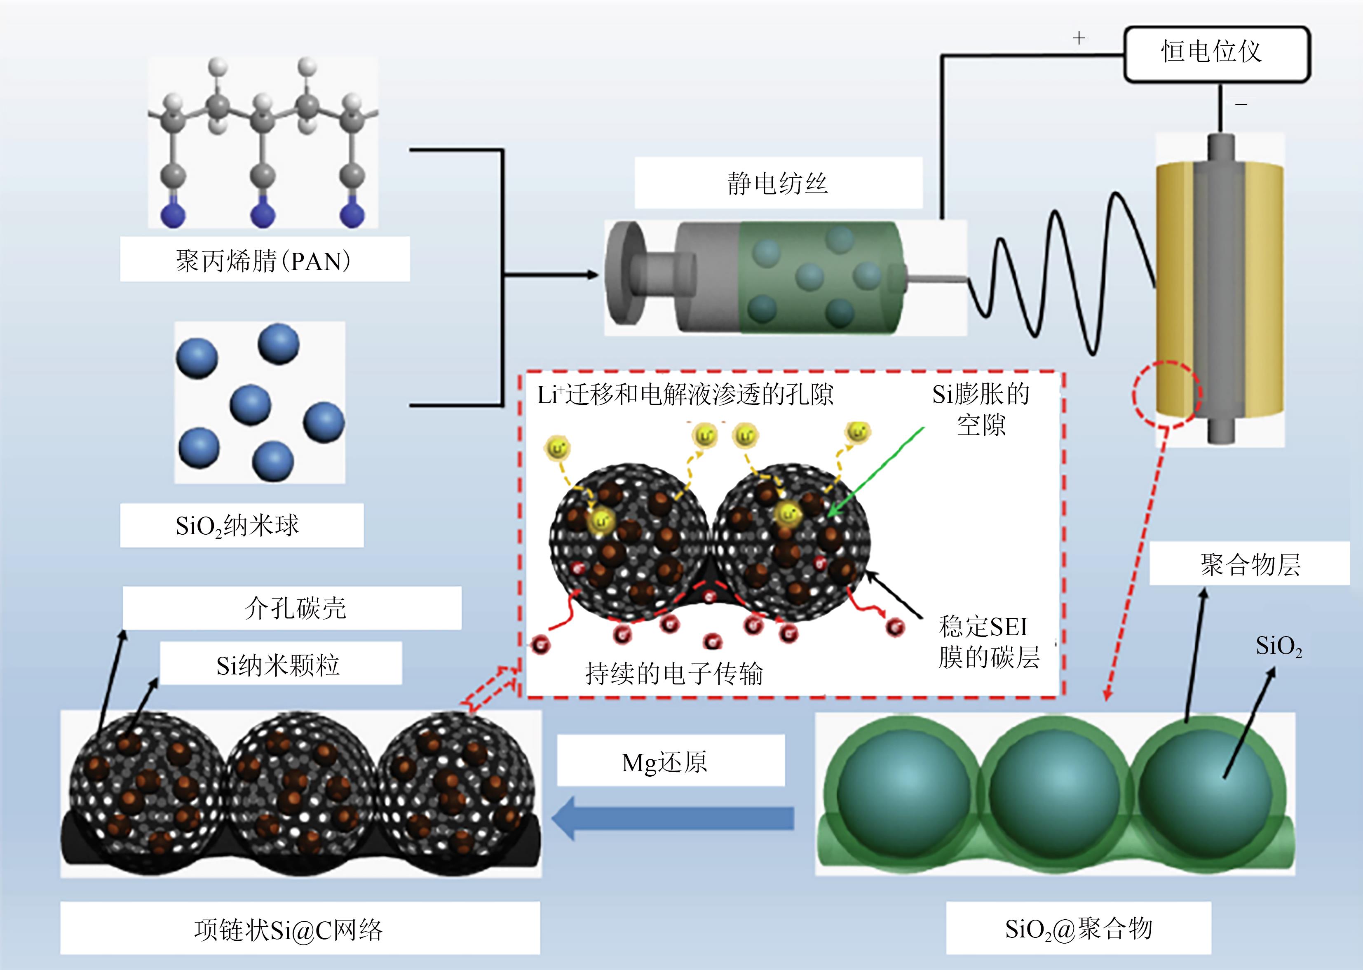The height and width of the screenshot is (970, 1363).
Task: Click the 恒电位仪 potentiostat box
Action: tap(1217, 54)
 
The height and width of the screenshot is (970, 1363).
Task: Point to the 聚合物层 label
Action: tap(1250, 564)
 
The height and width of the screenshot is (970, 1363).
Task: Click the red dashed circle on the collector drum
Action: tap(1167, 394)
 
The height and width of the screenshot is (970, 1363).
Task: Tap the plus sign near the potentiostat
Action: tap(1079, 38)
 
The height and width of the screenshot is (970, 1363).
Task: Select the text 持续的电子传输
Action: tap(674, 674)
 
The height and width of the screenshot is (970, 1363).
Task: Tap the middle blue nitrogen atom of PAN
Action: tap(263, 215)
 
